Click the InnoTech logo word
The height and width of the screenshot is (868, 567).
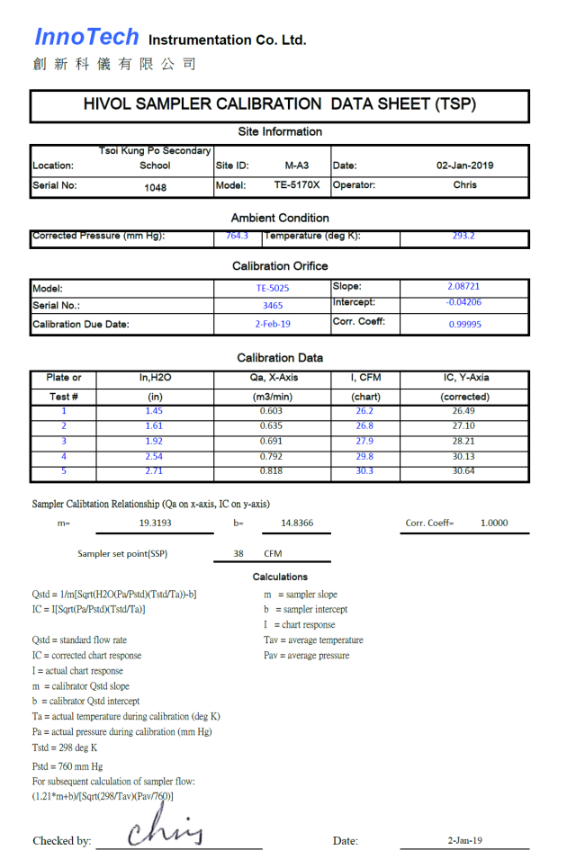click(86, 37)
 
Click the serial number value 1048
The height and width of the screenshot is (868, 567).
click(155, 188)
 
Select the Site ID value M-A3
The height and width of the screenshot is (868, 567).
click(297, 166)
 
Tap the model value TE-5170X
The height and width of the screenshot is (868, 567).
click(297, 185)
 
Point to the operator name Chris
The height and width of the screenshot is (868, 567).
click(464, 185)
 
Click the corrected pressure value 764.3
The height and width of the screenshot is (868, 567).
click(237, 237)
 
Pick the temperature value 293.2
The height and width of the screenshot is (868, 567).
click(464, 237)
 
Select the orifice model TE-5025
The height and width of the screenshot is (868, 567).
click(273, 289)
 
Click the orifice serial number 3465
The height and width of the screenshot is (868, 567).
click(273, 306)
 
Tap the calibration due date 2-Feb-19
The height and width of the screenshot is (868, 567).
click(273, 324)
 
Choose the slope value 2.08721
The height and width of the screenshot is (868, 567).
click(463, 287)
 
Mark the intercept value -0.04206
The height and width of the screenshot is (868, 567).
click(463, 302)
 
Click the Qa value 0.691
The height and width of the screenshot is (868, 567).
click(271, 442)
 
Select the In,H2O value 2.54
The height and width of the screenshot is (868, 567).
click(154, 457)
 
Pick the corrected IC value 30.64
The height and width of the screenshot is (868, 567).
click(464, 471)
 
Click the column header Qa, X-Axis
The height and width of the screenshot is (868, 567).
click(271, 378)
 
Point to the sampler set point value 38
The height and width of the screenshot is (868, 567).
click(238, 554)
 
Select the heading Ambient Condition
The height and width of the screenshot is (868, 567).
click(280, 218)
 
